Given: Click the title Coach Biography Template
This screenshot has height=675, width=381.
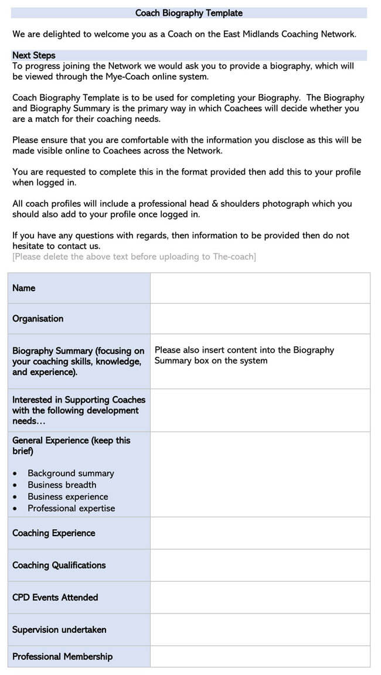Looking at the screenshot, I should (189, 13).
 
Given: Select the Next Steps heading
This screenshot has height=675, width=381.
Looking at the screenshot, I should (34, 55).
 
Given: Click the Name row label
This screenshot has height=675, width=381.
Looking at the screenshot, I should (24, 288).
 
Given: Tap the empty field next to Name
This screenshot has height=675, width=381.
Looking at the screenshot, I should (260, 288).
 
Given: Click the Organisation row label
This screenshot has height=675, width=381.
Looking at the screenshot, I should (38, 318).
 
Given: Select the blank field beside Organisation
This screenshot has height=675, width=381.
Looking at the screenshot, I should (260, 318).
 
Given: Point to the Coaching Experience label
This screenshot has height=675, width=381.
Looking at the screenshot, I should (53, 533).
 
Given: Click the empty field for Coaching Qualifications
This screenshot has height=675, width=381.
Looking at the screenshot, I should (260, 565).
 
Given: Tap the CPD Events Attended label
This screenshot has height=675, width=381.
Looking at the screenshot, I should (55, 597).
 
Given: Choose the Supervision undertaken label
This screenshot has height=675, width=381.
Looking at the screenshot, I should (59, 629).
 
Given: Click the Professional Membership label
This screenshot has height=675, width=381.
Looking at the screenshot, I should (62, 656).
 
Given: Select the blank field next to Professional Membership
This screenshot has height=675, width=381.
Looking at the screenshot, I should (260, 656).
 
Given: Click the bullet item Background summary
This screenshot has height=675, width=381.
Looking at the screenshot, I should (71, 473).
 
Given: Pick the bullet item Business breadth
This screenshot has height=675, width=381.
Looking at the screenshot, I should (62, 485).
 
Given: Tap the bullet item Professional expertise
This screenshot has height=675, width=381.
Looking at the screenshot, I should (72, 508).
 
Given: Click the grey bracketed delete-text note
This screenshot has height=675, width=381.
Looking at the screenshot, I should (134, 257).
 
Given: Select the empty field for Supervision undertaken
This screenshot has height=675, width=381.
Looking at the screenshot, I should (260, 629).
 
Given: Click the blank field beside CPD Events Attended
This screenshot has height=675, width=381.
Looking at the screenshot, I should (260, 597).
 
